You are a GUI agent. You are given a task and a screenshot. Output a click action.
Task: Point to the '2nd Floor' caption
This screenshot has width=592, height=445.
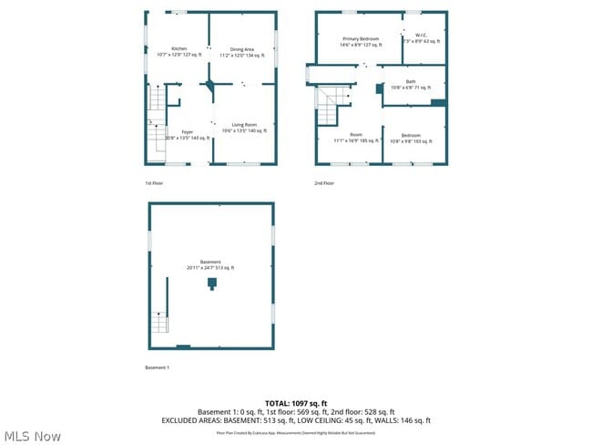click(x=325, y=183)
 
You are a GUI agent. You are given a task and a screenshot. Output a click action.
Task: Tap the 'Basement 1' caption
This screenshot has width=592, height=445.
click(x=158, y=367)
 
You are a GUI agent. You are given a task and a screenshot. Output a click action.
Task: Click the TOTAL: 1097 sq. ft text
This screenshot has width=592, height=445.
click(x=296, y=403)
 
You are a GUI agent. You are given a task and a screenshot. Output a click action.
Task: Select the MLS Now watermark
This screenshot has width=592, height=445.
click(x=33, y=436)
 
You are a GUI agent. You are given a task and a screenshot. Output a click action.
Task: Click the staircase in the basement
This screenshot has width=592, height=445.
click(x=160, y=322)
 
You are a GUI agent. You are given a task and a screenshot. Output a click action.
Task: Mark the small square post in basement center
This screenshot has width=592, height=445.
click(x=211, y=284)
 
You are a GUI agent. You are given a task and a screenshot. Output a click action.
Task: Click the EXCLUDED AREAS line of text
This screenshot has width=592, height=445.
click(x=296, y=420)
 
